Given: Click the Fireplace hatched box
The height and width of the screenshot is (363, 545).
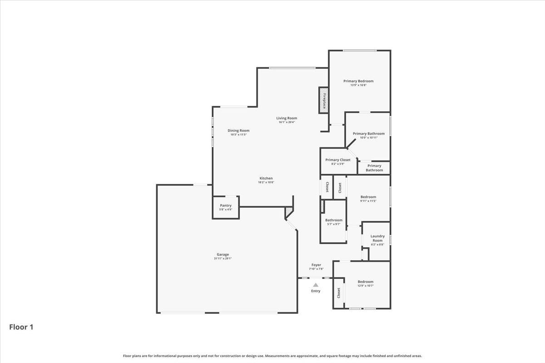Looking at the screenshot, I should point(323,100).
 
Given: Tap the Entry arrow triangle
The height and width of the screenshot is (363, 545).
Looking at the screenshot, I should point(316,285).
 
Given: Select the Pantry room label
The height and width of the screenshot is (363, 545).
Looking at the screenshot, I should point(226,206).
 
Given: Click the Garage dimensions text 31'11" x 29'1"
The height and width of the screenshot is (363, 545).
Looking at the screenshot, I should point(223,259).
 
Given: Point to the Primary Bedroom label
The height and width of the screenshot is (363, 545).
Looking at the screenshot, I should point(358,81).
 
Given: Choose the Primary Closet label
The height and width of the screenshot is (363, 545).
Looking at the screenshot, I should point(338,160).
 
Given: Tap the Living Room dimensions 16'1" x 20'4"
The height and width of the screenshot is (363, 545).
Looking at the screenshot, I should point(287,122).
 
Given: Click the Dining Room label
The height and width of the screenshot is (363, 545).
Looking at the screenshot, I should point(238,131).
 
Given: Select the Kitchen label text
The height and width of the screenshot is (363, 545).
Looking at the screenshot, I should point(266,178).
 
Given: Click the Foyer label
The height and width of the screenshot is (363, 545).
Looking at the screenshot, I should point(316,265).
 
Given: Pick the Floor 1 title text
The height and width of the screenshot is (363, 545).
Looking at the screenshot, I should point(21,327).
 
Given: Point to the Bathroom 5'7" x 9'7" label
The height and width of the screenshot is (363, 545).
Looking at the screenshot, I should point(334,220).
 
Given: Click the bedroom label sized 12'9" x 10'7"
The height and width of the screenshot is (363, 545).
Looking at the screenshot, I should point(365,282).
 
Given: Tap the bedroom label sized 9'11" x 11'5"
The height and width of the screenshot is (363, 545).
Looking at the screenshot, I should point(368,197).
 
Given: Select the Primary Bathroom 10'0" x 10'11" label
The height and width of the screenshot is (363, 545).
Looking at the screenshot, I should point(369,134).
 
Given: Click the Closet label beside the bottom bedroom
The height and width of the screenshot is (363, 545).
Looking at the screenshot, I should point(339,293).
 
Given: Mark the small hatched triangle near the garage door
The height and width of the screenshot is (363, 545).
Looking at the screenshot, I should point(289,212).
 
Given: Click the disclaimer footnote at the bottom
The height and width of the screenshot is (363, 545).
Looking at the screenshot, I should point(272,356).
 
